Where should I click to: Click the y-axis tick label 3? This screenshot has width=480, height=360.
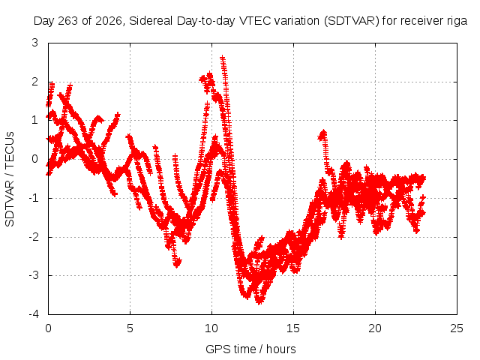click(35, 43)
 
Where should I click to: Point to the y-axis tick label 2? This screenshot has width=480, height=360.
click(35, 82)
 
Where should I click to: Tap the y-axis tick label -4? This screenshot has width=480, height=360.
click(33, 313)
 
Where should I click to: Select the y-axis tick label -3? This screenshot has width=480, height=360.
click(33, 275)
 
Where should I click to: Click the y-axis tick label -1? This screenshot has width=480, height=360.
click(33, 198)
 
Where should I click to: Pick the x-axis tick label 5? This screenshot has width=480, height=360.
click(130, 328)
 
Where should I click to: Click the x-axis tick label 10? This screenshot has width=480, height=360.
click(211, 328)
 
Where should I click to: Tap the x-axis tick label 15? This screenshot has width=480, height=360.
click(293, 328)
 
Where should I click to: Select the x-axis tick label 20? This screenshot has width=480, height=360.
click(375, 328)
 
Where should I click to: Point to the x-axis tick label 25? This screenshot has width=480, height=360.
click(457, 328)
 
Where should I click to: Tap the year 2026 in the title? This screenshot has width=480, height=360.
click(109, 22)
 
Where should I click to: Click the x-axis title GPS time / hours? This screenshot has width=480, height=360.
click(250, 349)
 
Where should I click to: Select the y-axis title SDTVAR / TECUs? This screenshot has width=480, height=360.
click(10, 179)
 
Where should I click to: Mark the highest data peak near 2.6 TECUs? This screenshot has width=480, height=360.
click(223, 58)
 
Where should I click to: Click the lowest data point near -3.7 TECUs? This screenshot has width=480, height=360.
click(259, 301)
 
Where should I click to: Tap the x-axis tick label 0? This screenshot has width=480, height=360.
click(48, 328)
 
